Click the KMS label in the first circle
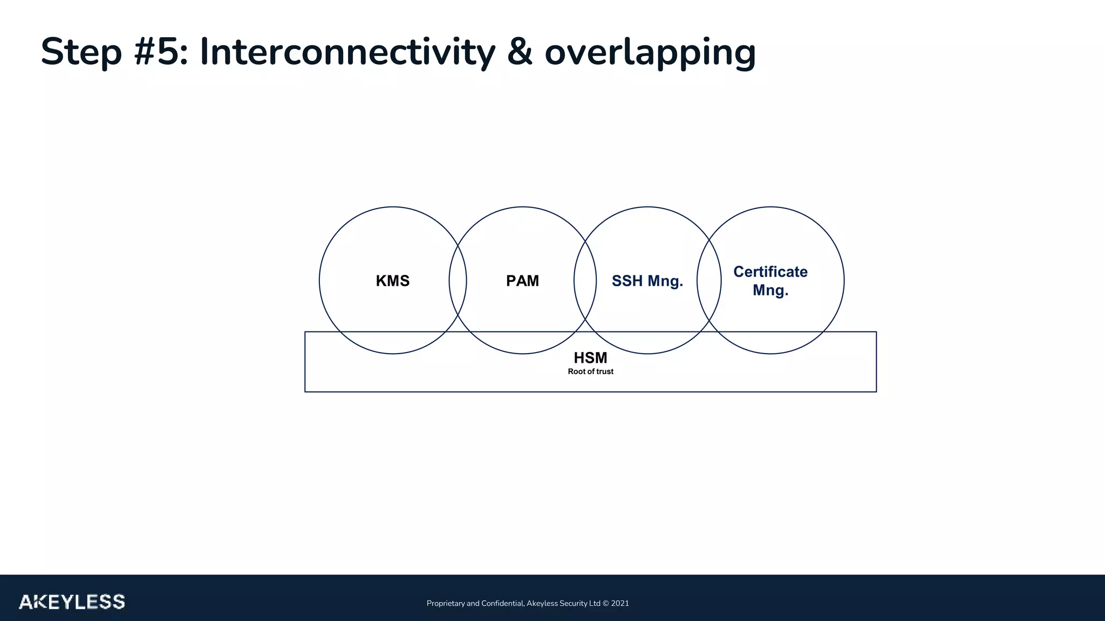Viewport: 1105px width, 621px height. click(392, 281)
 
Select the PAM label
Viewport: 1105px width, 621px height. click(522, 281)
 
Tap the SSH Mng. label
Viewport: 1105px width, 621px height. click(647, 281)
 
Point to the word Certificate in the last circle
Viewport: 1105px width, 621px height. click(770, 272)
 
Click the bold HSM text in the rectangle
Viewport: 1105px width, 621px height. click(590, 358)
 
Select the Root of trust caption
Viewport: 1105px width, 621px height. click(590, 371)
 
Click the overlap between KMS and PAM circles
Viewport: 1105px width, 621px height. click(458, 280)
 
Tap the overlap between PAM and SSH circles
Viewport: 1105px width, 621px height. click(585, 280)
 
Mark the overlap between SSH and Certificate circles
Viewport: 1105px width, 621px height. click(709, 280)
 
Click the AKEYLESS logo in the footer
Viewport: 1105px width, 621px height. click(72, 602)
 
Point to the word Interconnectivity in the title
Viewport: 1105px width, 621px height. click(347, 52)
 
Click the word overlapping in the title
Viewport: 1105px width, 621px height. click(650, 52)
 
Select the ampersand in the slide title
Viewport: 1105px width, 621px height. click(520, 52)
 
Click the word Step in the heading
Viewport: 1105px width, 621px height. click(81, 52)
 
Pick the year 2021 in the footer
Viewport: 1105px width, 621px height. click(620, 603)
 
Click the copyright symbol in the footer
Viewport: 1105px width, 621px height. click(605, 603)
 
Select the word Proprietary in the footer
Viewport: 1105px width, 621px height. click(445, 603)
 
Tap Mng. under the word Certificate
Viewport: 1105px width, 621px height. click(770, 291)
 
